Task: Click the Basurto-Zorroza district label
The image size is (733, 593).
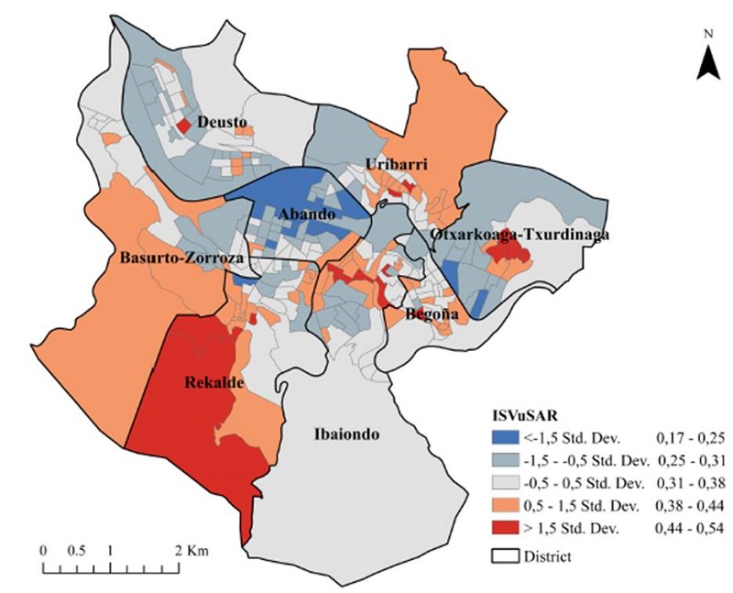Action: pos(181,258)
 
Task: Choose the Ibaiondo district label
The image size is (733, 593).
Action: pos(345,434)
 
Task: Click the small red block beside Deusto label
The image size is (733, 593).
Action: pos(183,125)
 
